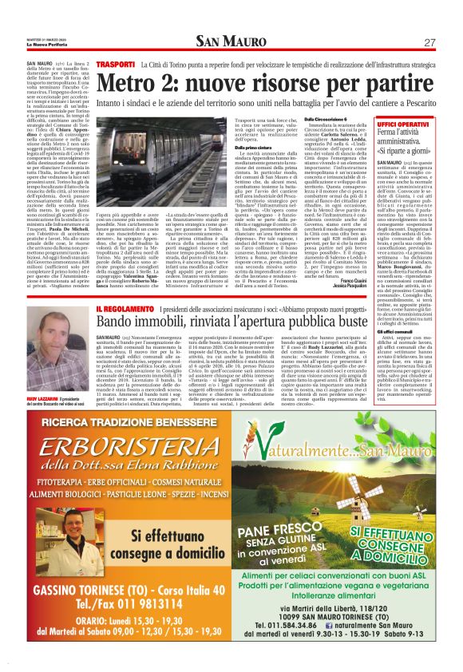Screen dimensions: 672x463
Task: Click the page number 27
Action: coord(429,42)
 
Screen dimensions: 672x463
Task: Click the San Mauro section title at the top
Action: coord(231,42)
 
